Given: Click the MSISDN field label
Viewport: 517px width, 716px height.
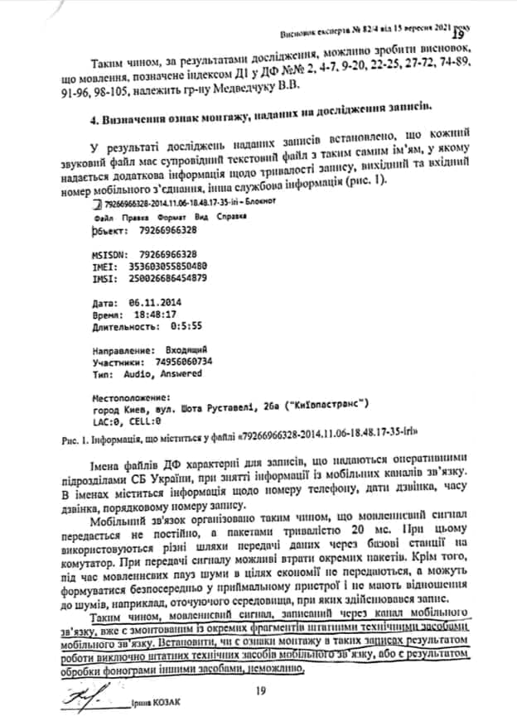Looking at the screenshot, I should point(111,254).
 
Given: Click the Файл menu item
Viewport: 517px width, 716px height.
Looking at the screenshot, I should point(106,214).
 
